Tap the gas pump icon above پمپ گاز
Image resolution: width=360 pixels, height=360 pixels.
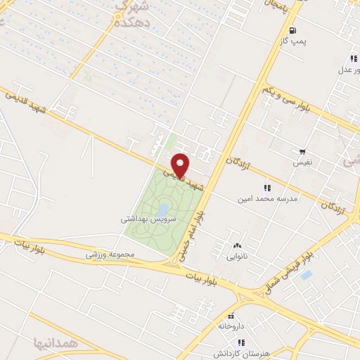[292, 30]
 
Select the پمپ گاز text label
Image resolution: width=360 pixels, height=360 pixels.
[292, 41]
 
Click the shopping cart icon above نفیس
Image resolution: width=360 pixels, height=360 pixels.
[302, 151]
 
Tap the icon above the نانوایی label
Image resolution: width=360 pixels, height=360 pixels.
[236, 246]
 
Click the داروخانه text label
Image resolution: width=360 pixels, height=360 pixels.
[231, 326]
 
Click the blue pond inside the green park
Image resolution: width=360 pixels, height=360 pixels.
[162, 210]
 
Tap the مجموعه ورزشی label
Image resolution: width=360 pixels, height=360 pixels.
[108, 254]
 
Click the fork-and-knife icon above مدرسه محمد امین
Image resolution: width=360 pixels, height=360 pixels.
[267, 187]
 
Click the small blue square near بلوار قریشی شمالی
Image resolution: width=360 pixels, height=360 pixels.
[305, 275]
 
